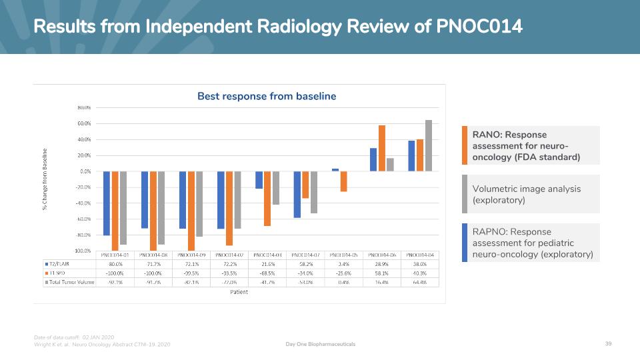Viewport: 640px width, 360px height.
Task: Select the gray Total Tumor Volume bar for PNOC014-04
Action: [428, 145]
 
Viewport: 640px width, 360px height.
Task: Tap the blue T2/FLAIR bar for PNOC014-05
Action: [335, 170]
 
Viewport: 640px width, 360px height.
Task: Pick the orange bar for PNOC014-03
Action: [267, 199]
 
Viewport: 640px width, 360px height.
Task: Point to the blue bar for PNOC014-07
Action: [297, 194]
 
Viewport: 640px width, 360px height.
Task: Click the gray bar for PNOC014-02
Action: [237, 200]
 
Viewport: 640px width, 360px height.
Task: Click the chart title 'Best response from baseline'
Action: [267, 97]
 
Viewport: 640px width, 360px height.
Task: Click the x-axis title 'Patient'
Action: [239, 291]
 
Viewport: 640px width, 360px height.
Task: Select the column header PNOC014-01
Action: [115, 255]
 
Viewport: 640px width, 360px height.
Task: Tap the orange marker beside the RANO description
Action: [464, 145]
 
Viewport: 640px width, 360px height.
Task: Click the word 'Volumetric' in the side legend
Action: [495, 189]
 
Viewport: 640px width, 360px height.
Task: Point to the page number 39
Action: [608, 344]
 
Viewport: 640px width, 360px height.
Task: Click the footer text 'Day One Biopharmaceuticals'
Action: [320, 344]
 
